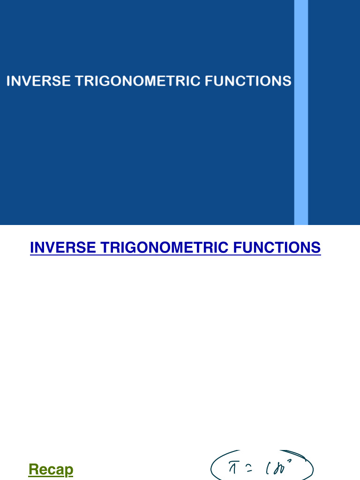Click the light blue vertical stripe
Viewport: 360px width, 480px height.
pyautogui.click(x=301, y=112)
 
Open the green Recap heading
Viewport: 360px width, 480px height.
pyautogui.click(x=51, y=469)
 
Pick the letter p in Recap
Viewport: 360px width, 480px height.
pyautogui.click(x=69, y=471)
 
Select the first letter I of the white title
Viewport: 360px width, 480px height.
pyautogui.click(x=8, y=81)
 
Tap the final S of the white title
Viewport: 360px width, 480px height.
pyautogui.click(x=287, y=81)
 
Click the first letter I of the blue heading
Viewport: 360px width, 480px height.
pyautogui.click(x=32, y=247)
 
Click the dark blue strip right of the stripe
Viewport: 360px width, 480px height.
pyautogui.click(x=334, y=112)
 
